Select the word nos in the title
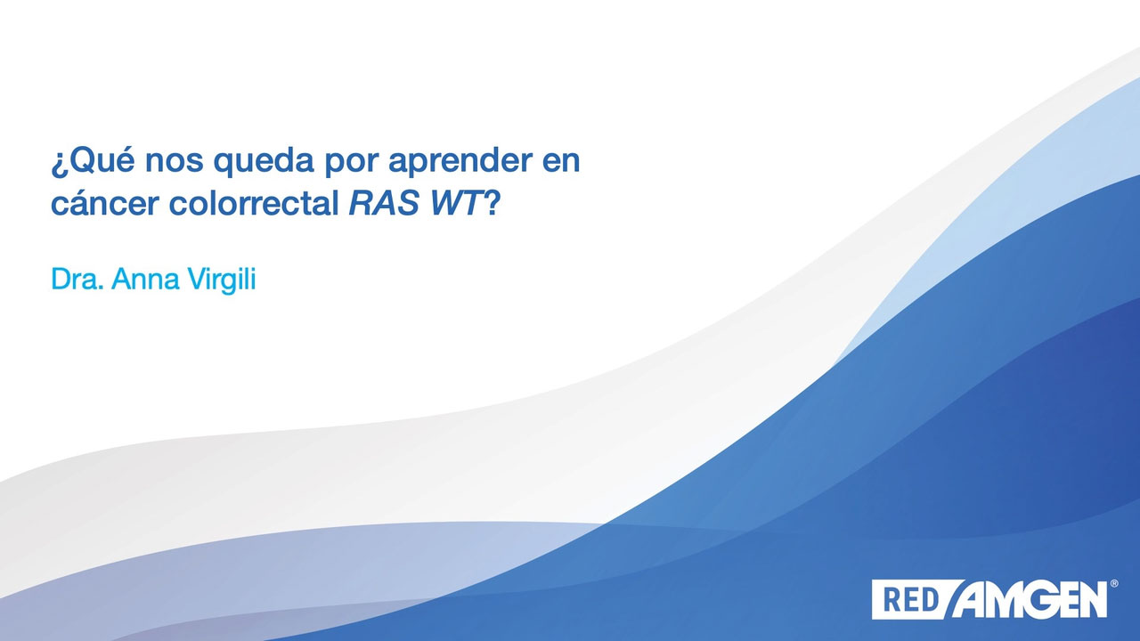[x=174, y=161]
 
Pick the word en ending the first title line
[x=561, y=161]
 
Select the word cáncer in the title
[x=105, y=203]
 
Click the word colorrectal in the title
[x=254, y=202]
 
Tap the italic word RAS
[x=384, y=203]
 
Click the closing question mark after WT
[x=492, y=202]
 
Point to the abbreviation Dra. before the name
[x=77, y=279]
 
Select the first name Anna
[x=145, y=279]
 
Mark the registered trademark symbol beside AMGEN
[x=1113, y=583]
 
